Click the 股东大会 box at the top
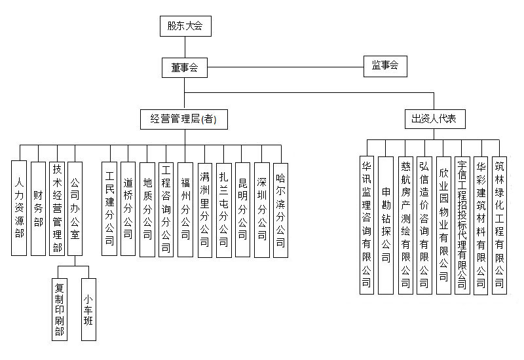click(x=185, y=26)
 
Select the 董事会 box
click(x=185, y=66)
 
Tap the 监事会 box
click(x=385, y=66)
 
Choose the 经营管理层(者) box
click(x=184, y=118)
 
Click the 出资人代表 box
click(x=434, y=118)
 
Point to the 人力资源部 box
click(x=20, y=208)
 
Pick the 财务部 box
click(x=38, y=208)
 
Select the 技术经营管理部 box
click(x=58, y=208)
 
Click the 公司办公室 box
click(x=75, y=208)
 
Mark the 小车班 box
click(x=88, y=309)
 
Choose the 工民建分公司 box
click(x=110, y=208)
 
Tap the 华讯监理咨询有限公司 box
click(x=367, y=223)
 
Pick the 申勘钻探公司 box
click(x=386, y=223)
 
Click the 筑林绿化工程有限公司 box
click(x=500, y=223)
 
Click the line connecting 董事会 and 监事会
click(x=285, y=66)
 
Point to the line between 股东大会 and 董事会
click(x=185, y=47)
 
